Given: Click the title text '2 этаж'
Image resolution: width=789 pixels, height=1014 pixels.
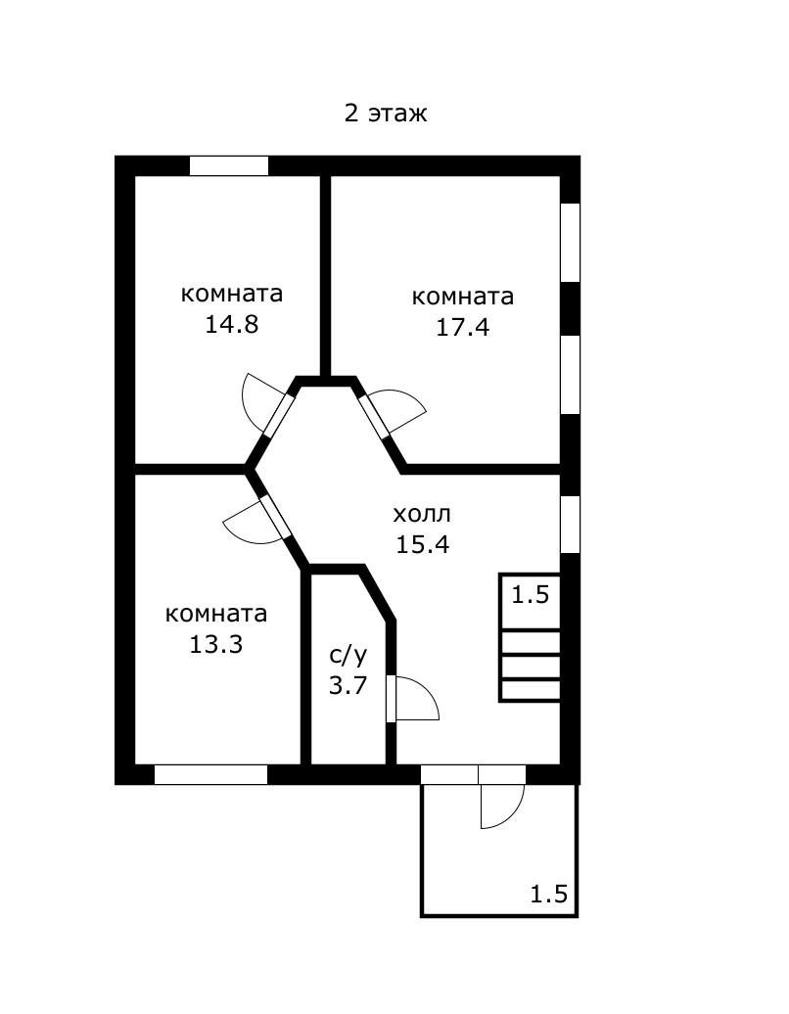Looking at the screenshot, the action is tap(386, 114).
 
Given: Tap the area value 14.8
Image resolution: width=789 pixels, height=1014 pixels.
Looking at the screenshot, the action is tap(232, 324).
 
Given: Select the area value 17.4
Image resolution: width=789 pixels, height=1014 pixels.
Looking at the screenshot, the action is tap(462, 327).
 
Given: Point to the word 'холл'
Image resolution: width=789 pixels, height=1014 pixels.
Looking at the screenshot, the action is tap(422, 515).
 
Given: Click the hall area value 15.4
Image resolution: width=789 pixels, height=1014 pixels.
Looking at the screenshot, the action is tap(422, 544).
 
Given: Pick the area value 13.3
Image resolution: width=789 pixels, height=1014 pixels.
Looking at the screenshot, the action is tap(216, 644).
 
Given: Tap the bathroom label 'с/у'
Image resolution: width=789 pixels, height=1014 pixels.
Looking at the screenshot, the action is tap(348, 655).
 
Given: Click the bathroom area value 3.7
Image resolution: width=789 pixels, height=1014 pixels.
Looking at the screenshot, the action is tap(348, 685).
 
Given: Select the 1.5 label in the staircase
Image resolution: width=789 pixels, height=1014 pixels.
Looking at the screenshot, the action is tap(531, 594).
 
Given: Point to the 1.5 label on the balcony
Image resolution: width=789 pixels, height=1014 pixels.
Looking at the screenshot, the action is tap(549, 895).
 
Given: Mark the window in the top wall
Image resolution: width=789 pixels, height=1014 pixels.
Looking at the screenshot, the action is tap(229, 165).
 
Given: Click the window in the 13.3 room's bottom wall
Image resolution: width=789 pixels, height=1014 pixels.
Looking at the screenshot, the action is tap(210, 775).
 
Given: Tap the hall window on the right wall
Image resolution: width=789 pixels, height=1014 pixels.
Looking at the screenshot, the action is tap(570, 525).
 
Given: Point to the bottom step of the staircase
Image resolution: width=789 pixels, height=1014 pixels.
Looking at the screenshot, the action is tap(531, 690).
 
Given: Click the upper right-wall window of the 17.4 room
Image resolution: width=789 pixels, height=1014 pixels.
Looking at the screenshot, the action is tap(570, 243).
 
